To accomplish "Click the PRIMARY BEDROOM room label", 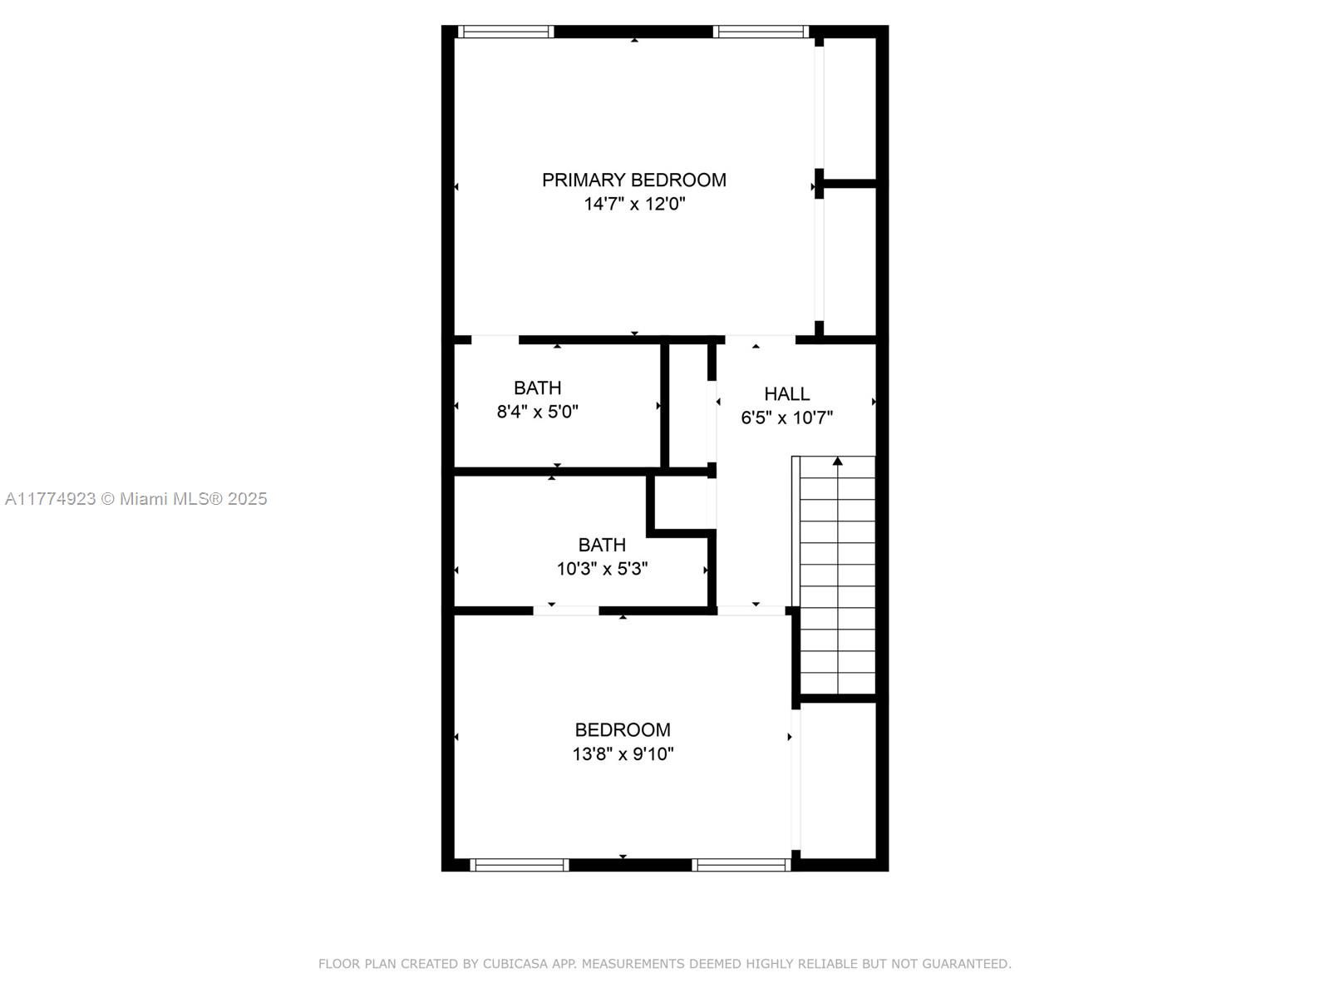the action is (633, 180).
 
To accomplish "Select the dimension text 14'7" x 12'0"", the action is (634, 204).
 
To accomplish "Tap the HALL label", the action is (786, 394).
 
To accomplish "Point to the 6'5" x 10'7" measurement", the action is (786, 417).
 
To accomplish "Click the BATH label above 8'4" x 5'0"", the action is (538, 388).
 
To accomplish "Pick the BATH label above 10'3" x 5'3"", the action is (602, 545).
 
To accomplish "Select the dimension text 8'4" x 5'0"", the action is (538, 412).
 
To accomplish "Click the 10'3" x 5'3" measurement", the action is (602, 569).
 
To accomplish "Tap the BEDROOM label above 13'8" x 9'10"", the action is (623, 729).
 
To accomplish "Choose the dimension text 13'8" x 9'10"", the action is (623, 753).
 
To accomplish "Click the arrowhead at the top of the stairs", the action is (837, 461).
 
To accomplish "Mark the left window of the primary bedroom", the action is (505, 32).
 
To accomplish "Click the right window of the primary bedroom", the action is (761, 32).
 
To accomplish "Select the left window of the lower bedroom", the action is (520, 865).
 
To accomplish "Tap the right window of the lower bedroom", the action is (741, 865).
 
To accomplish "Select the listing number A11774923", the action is (51, 499).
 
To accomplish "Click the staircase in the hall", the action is (834, 575).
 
